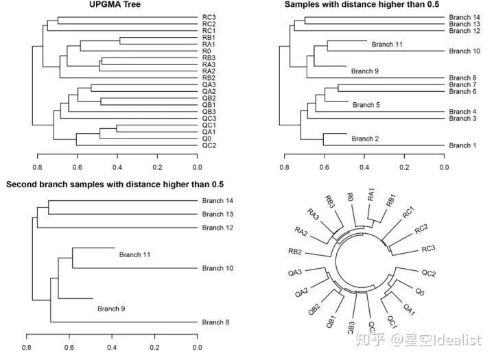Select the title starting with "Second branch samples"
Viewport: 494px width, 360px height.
pyautogui.click(x=114, y=185)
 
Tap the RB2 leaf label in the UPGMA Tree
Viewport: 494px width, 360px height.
pyautogui.click(x=209, y=78)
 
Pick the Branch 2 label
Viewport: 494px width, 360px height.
pyautogui.click(x=365, y=139)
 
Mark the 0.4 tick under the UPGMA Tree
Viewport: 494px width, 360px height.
pyautogui.click(x=117, y=165)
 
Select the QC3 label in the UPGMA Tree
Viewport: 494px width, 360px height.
pyautogui.click(x=209, y=119)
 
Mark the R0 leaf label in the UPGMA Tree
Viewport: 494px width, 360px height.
pyautogui.click(x=207, y=51)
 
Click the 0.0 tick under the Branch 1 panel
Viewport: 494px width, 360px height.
pyautogui.click(x=445, y=165)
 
